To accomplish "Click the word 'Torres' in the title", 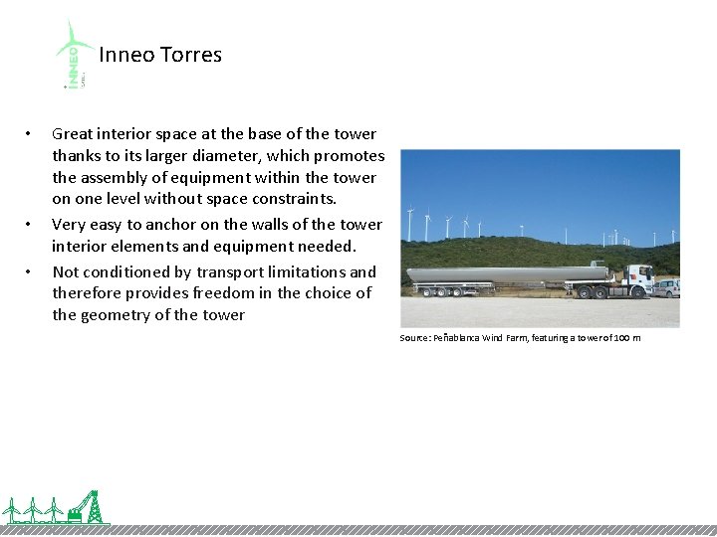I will click(191, 55).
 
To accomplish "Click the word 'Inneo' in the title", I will click(127, 55).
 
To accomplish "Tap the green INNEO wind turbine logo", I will click(75, 55).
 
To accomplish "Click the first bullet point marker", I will click(30, 134).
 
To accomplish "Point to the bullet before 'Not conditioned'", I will click(30, 271).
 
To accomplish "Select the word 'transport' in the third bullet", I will click(234, 271).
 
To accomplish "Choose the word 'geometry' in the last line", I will click(116, 315).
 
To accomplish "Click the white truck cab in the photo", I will click(638, 277).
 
